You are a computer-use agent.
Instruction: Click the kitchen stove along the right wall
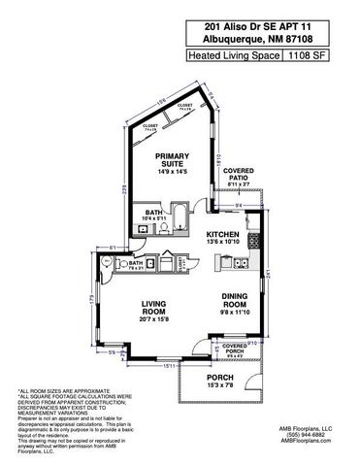(x=253, y=242)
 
